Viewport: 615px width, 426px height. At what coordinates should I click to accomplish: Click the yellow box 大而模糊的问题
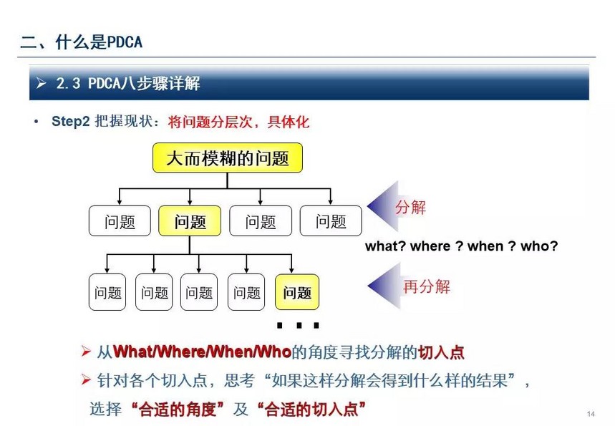tap(228, 158)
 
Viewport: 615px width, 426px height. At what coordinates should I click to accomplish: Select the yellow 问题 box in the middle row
tap(190, 221)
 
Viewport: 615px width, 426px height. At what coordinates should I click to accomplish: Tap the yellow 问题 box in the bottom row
tap(297, 292)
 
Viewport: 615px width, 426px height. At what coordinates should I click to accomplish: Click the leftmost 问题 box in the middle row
tap(120, 221)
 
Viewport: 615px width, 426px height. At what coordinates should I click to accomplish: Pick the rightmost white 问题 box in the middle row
tap(331, 221)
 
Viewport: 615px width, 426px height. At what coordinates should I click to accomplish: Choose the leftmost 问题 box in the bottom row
tap(107, 292)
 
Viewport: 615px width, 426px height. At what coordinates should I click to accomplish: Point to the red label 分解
tap(410, 207)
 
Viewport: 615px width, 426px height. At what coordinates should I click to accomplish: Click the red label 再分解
tap(427, 286)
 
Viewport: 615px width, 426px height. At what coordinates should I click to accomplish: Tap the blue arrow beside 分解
tap(383, 206)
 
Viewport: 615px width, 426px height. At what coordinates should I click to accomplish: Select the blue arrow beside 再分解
tap(384, 286)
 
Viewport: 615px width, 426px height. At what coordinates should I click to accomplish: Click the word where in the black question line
tap(430, 246)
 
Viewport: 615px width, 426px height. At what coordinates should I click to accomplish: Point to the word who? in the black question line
tap(539, 246)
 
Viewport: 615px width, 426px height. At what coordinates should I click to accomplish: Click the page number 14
tap(591, 414)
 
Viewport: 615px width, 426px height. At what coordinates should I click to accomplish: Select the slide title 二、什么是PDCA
tap(81, 42)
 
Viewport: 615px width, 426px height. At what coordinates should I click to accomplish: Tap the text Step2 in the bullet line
tap(71, 121)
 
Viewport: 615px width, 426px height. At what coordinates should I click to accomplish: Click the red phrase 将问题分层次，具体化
tap(238, 122)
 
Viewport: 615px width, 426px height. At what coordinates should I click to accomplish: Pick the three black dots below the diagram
tap(298, 325)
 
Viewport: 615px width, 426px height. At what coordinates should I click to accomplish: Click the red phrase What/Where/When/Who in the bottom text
tap(202, 352)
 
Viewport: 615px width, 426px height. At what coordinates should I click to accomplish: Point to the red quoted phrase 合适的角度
tap(178, 410)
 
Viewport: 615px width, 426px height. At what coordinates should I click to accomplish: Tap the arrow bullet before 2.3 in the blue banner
tap(41, 83)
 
